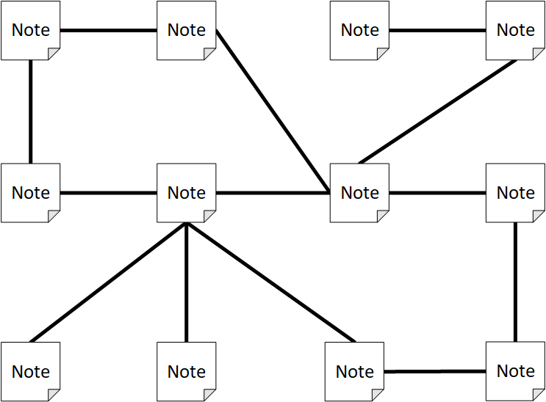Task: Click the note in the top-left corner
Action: pos(31,31)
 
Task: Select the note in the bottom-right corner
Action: pos(515,371)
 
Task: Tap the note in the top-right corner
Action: pos(515,31)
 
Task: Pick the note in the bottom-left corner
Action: pos(31,371)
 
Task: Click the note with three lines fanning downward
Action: pos(187,193)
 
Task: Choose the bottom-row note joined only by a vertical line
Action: pos(187,371)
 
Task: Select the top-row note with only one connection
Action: pos(359,31)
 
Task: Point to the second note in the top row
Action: pos(187,31)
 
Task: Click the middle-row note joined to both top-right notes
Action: pos(359,193)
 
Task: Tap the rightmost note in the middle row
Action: pos(515,193)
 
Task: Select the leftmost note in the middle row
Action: pos(31,193)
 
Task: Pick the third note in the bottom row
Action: pos(354,371)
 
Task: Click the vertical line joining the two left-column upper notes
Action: pos(31,112)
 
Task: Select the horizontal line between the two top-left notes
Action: pos(108,31)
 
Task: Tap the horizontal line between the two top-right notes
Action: pos(437,31)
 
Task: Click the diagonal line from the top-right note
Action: pos(438,112)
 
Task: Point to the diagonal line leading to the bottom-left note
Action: pos(108,282)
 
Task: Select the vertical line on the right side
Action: pos(515,282)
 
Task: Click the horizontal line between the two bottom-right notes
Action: pos(435,371)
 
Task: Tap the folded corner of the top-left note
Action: pos(53,54)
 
